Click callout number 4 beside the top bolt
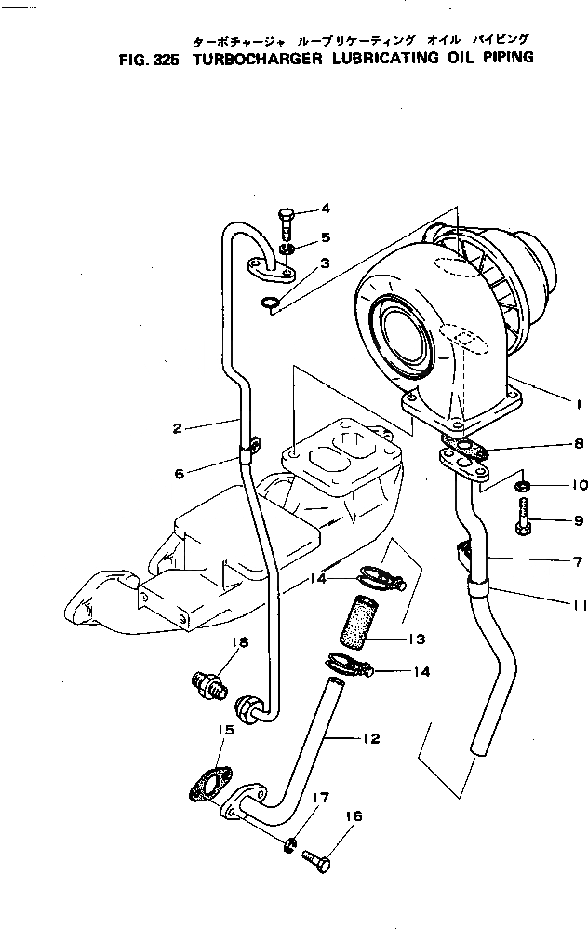tap(326, 208)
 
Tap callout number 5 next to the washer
tap(326, 236)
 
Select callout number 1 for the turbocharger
tap(578, 405)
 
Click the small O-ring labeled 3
tap(268, 302)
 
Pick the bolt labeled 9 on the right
tap(525, 517)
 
